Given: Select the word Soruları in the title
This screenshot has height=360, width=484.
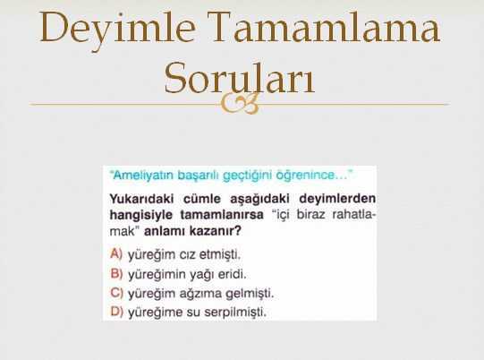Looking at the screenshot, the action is tap(240, 78).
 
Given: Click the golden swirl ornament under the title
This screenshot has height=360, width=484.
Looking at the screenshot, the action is tap(240, 104).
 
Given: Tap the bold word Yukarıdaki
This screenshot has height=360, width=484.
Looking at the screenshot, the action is tap(141, 199).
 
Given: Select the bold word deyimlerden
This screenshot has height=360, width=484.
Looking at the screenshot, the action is tap(337, 199).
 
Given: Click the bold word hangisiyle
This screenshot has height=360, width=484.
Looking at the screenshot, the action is tap(141, 215).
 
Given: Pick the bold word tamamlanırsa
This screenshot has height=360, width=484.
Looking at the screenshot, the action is tap(222, 214).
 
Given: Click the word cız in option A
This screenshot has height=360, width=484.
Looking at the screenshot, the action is tap(187, 255).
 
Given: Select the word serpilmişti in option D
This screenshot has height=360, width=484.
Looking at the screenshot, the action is tap(235, 313).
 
